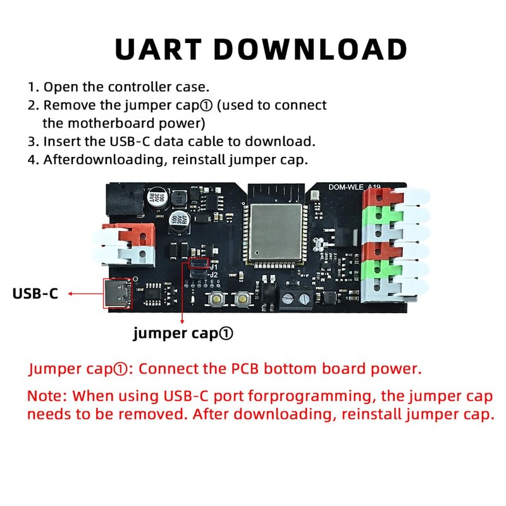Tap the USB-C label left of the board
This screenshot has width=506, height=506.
tap(35, 293)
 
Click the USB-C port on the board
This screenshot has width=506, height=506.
tap(116, 293)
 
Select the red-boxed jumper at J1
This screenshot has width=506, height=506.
tap(199, 262)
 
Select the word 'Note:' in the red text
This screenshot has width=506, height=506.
tap(47, 397)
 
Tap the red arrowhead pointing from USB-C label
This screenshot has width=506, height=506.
tap(70, 293)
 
